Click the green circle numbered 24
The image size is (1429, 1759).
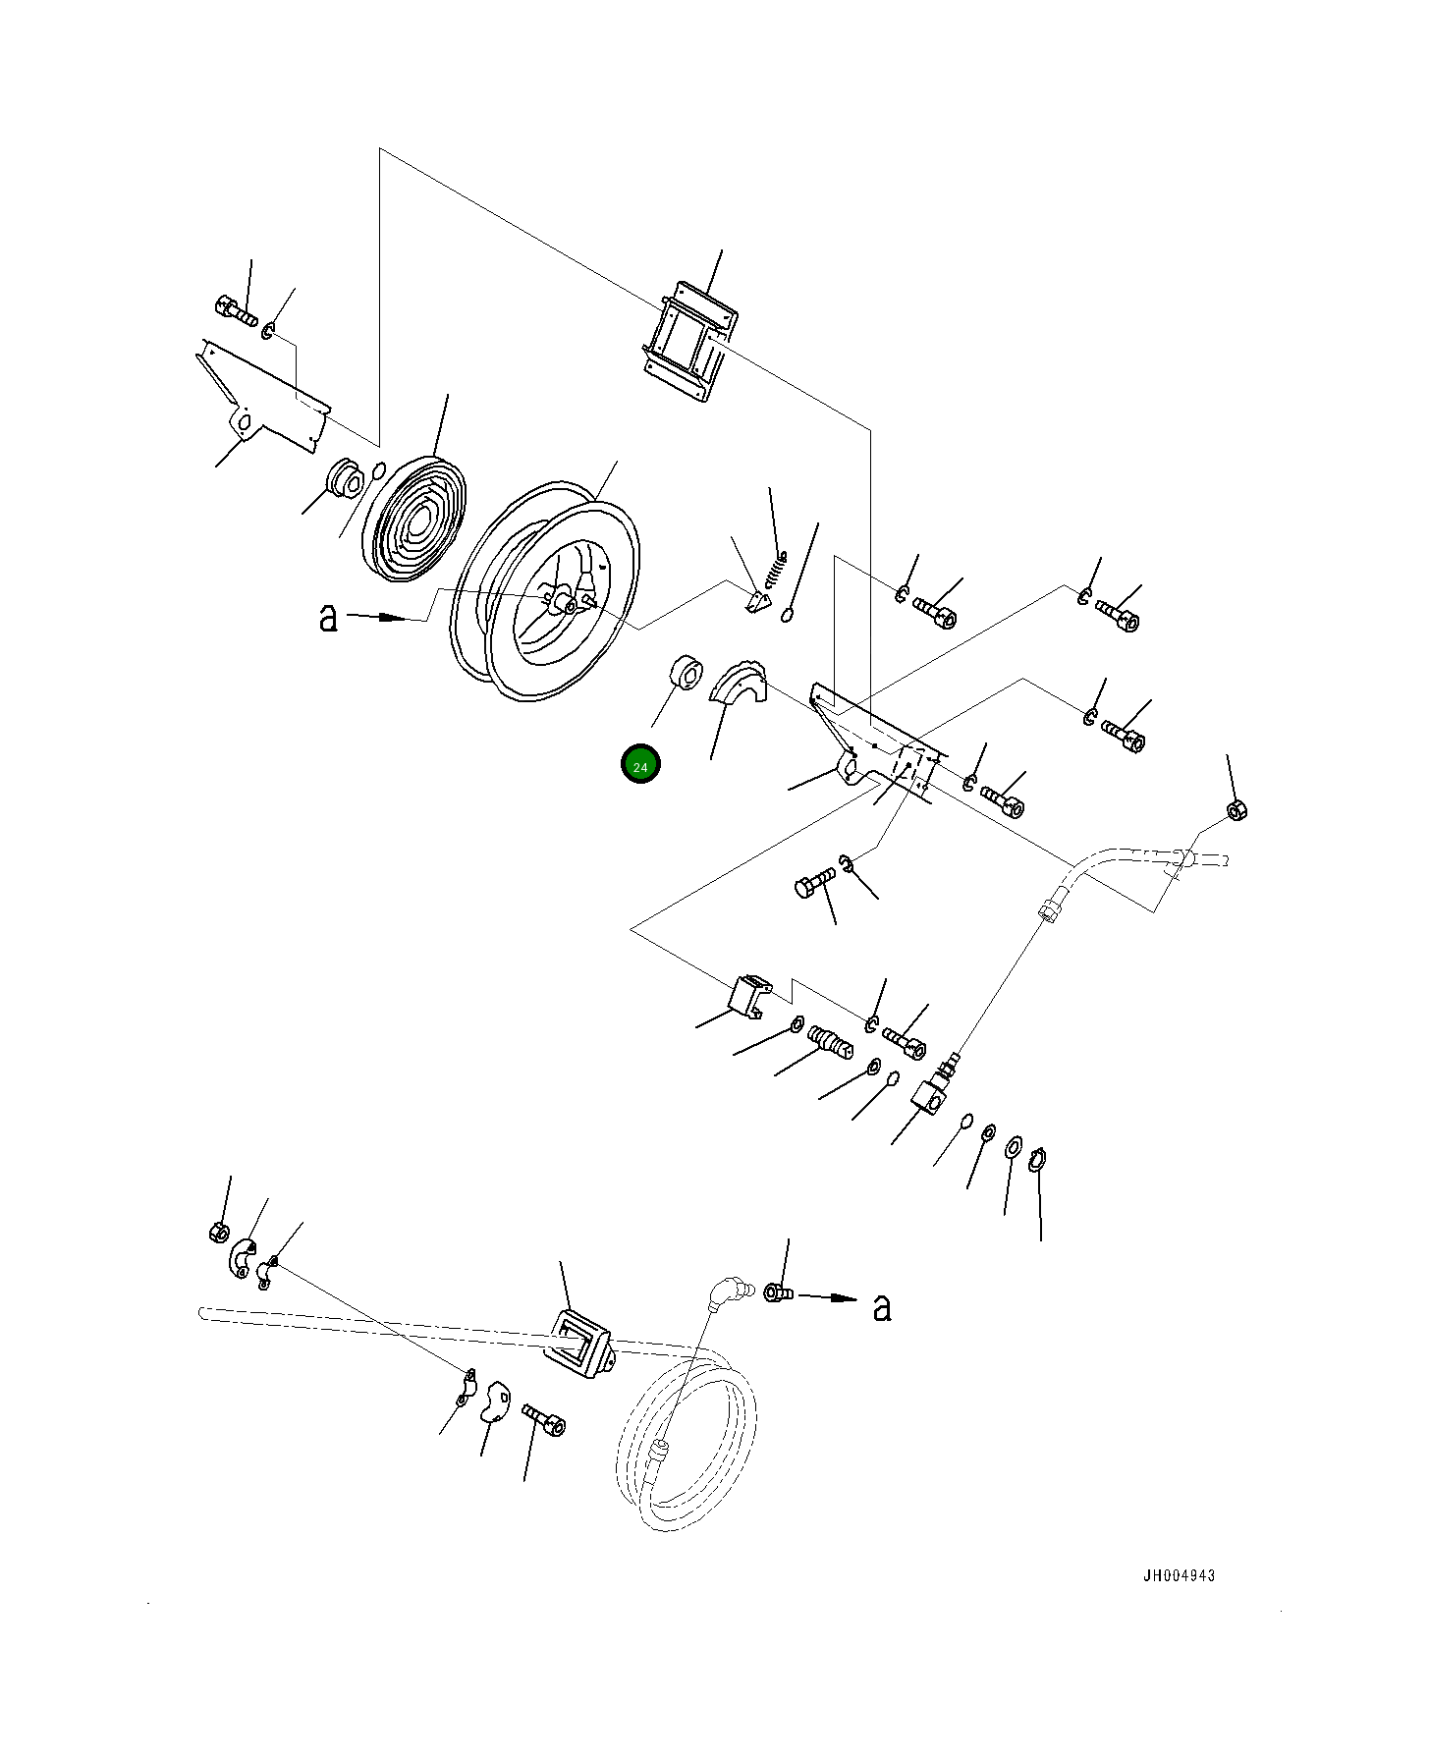click(x=640, y=765)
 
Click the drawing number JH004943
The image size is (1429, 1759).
click(x=1178, y=1575)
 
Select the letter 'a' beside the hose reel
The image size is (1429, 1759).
click(x=328, y=617)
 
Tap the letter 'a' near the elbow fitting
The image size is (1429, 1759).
click(x=882, y=1306)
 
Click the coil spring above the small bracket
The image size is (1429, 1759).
click(x=777, y=570)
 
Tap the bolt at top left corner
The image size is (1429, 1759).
click(x=235, y=310)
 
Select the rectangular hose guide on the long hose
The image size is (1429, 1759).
click(x=577, y=1344)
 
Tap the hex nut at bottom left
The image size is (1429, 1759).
click(x=220, y=1232)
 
